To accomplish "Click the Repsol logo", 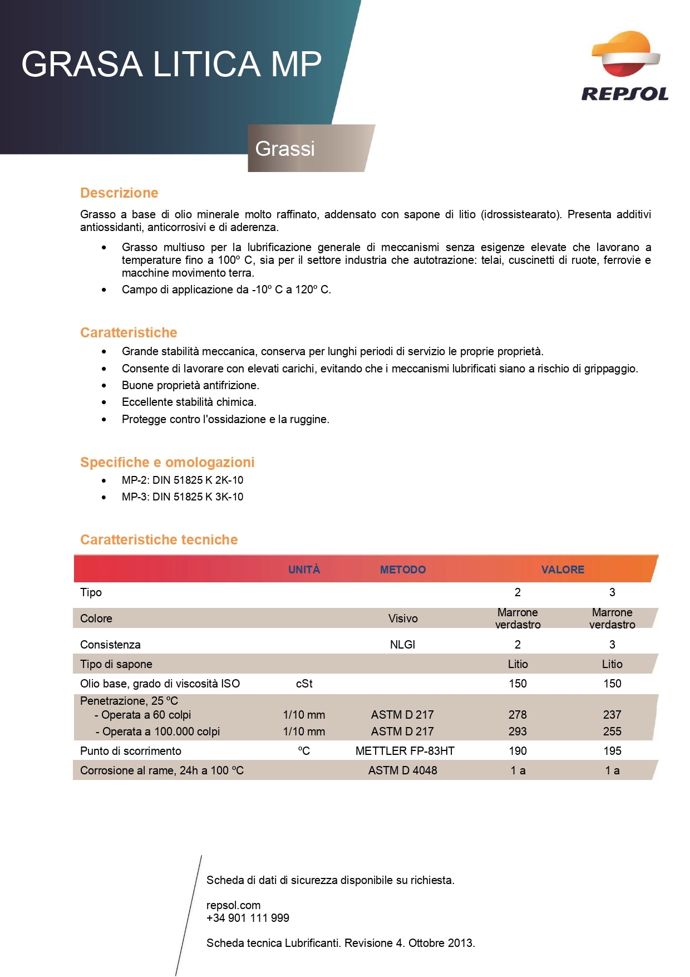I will (x=625, y=66).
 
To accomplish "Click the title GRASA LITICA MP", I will (x=171, y=63).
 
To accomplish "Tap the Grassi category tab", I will (x=285, y=149).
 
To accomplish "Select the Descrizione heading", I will (x=119, y=193).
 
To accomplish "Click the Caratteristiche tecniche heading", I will (x=159, y=539).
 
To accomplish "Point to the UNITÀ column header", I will (x=304, y=569).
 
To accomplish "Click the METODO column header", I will (x=402, y=569).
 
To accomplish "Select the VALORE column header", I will (x=563, y=569).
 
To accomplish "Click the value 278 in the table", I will (x=517, y=715).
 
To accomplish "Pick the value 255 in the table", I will (x=612, y=731).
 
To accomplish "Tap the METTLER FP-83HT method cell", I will (x=405, y=751).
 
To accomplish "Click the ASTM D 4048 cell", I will (x=402, y=770).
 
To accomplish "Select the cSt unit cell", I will (x=304, y=684).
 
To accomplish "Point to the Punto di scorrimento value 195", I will (x=612, y=751).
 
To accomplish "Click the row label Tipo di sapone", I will (x=116, y=664).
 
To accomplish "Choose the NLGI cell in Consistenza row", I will (x=402, y=645).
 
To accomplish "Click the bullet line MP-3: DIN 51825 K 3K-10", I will (x=183, y=497).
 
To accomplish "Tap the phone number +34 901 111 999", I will (x=248, y=918).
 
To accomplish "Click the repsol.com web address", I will (x=233, y=905).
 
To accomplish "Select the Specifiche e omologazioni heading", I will (x=167, y=462).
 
